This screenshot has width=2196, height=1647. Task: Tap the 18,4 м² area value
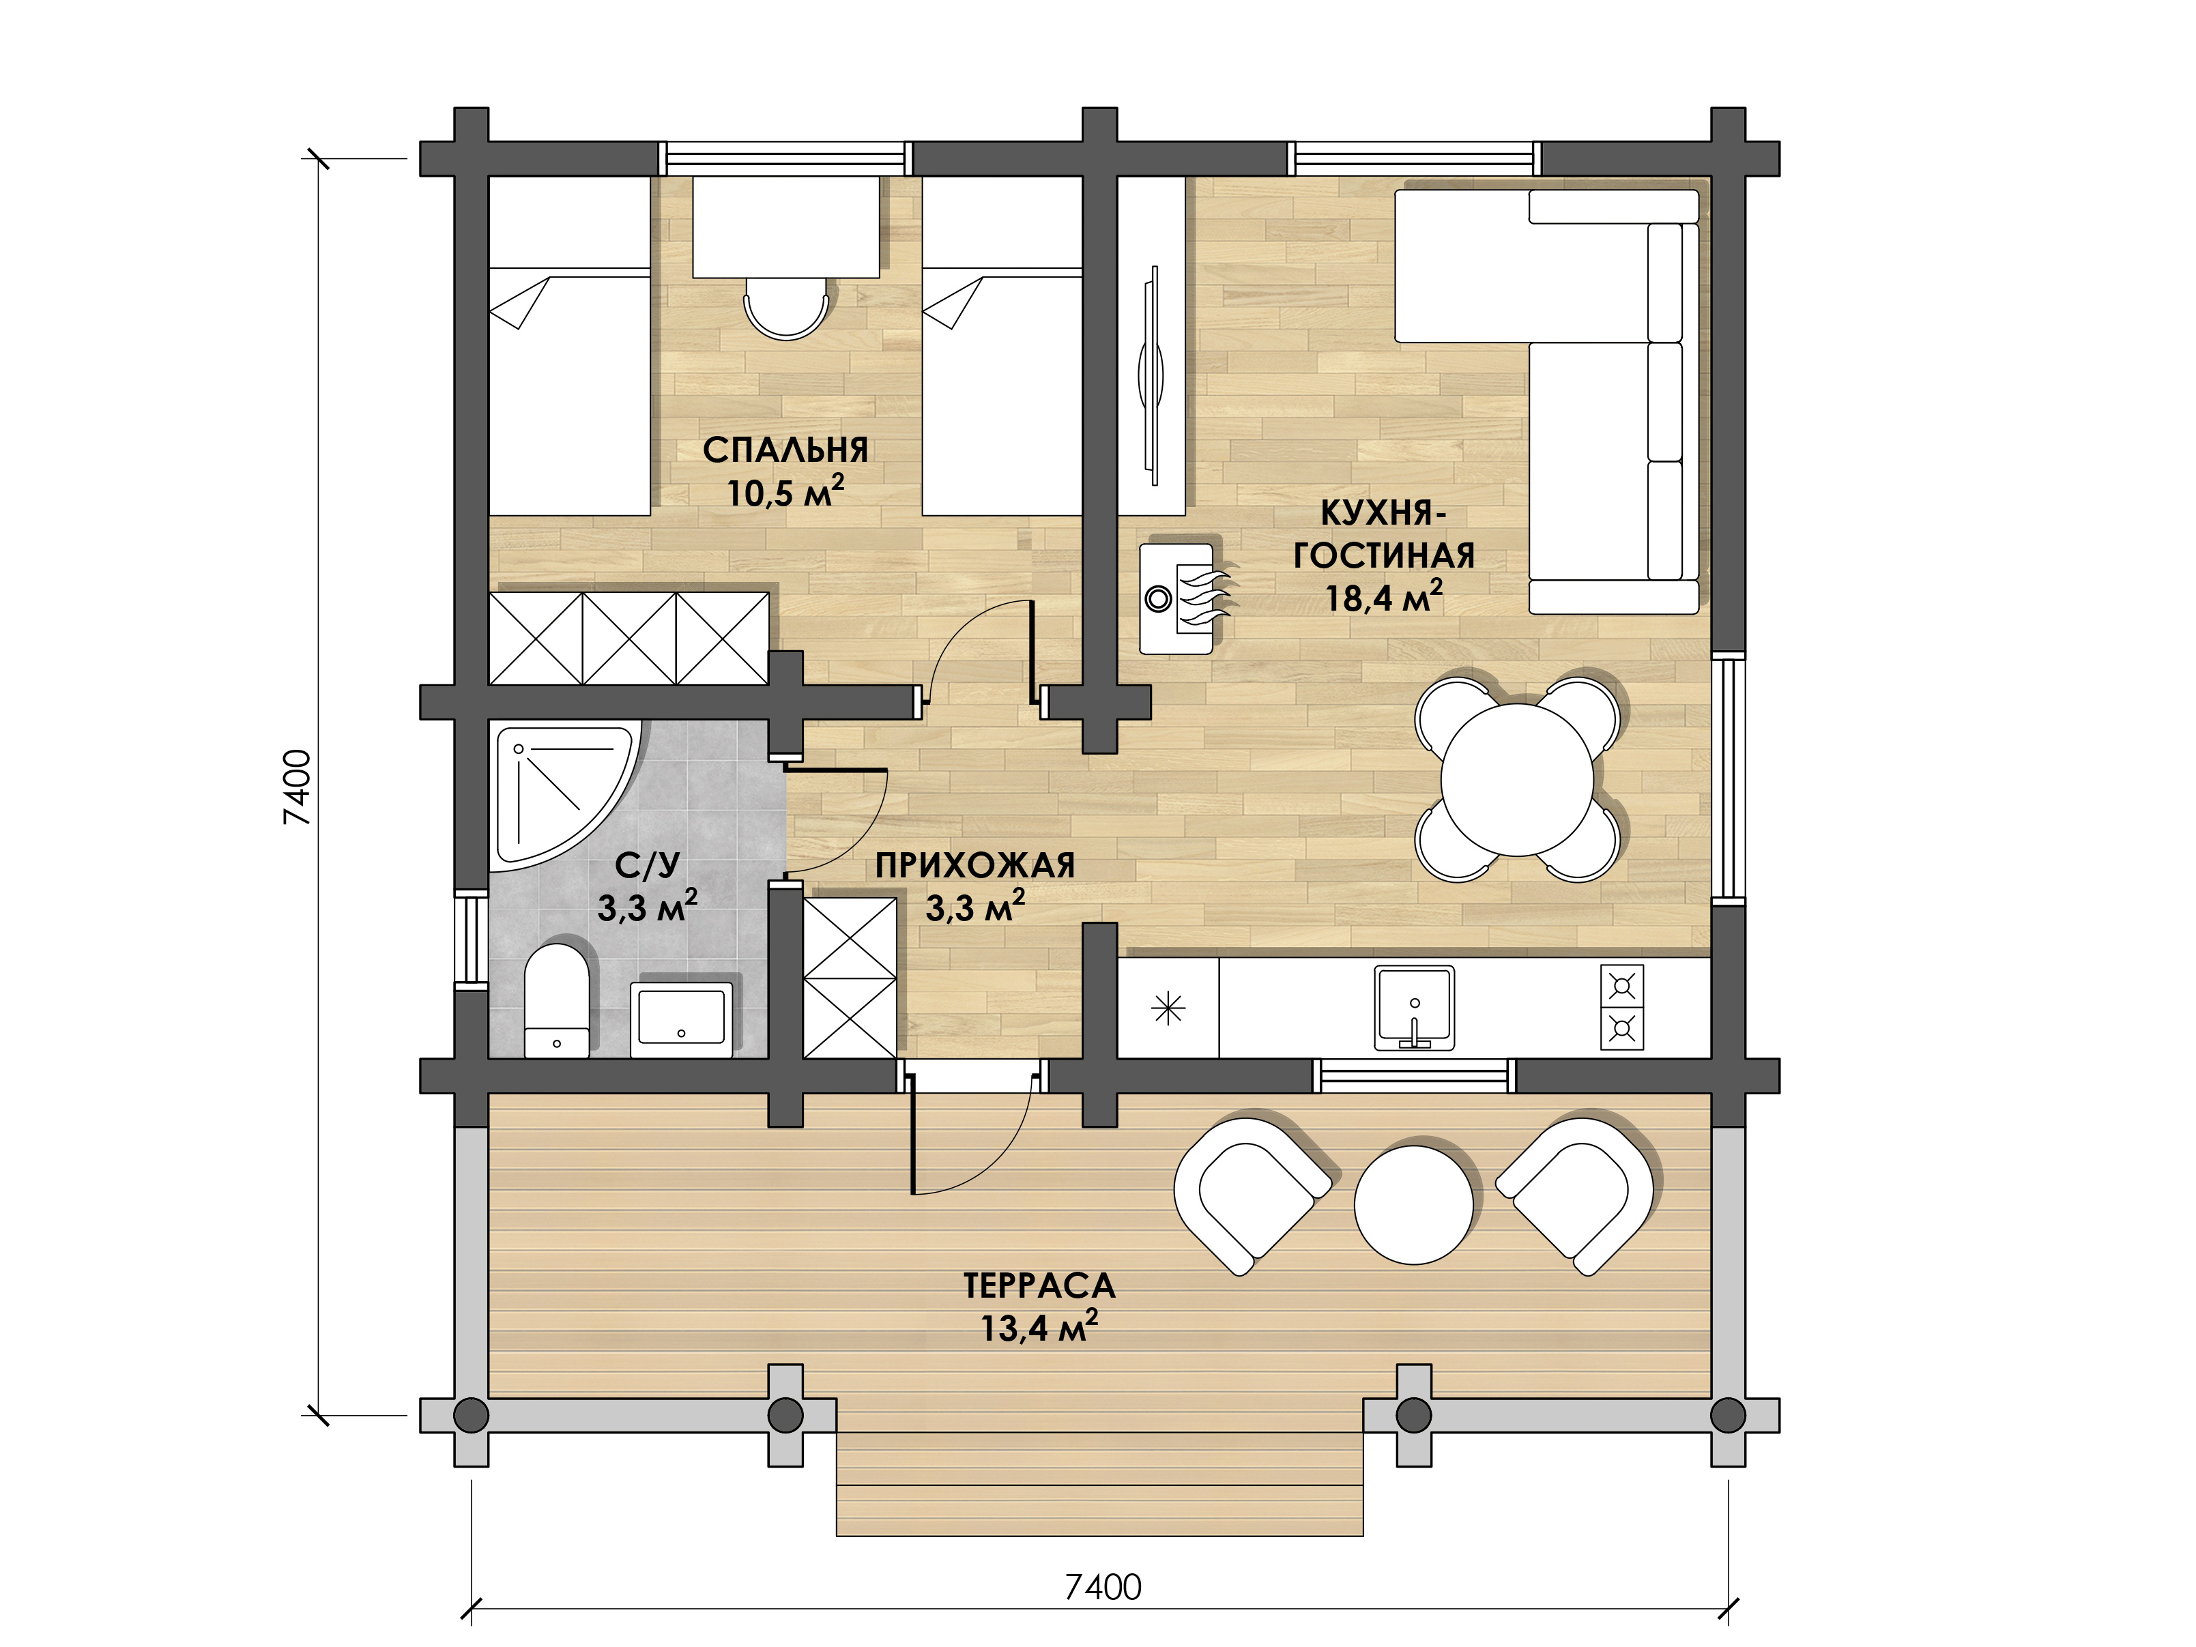pos(1384,598)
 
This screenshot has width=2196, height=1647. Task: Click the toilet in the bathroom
pos(556,1001)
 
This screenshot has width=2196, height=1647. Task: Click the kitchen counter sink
pos(1415,1008)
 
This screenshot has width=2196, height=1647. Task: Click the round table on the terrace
pos(1414,1204)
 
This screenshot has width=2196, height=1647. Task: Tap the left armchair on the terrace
pos(1251,1195)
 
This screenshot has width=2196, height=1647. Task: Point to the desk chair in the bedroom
pos(786,308)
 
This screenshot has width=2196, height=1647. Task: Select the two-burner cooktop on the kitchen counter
pos(1622,1008)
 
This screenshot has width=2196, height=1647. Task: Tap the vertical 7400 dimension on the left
pos(298,787)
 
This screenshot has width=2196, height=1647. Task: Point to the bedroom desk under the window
pos(785,227)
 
